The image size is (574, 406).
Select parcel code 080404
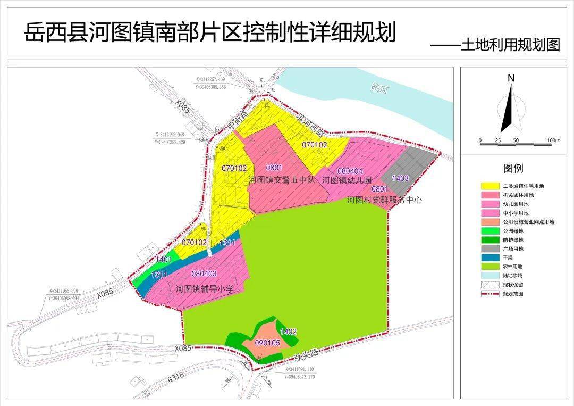pos(350,171)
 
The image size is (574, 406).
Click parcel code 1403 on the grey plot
pos(400,178)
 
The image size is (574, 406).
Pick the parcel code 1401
pos(163,259)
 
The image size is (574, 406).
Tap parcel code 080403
pos(204,274)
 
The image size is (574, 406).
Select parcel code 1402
pos(288,332)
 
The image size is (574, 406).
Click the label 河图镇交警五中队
pos(282,180)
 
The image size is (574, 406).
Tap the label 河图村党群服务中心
pos(384,201)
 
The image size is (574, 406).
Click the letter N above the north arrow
pos(511,78)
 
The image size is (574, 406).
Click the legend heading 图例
pos(513,169)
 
